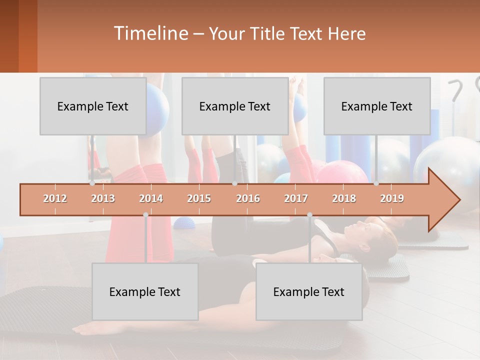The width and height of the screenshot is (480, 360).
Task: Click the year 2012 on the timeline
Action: pos(55,199)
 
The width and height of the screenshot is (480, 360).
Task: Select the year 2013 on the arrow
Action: pos(103,199)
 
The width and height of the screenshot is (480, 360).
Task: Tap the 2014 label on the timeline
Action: pos(151,199)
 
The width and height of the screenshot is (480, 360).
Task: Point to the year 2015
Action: pos(199,199)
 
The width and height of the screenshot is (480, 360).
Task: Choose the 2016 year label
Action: pos(248,199)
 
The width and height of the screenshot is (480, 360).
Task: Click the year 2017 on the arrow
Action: pos(296,199)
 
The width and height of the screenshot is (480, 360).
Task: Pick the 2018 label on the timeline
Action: pos(344,199)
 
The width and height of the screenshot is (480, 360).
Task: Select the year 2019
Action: pos(392,199)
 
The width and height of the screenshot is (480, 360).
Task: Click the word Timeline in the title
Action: pos(150,33)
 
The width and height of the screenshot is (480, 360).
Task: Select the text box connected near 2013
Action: pos(93,106)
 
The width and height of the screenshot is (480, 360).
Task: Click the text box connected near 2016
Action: pos(235,106)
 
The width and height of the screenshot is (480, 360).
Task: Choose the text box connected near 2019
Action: pos(377,106)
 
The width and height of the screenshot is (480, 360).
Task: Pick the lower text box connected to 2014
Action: pos(145,292)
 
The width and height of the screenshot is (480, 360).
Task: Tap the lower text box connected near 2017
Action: pos(309,292)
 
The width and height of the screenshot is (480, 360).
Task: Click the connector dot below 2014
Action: pos(145,215)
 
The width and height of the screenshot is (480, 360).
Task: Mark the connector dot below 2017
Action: pos(309,215)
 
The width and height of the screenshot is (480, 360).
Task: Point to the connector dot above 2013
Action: pos(92,183)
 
